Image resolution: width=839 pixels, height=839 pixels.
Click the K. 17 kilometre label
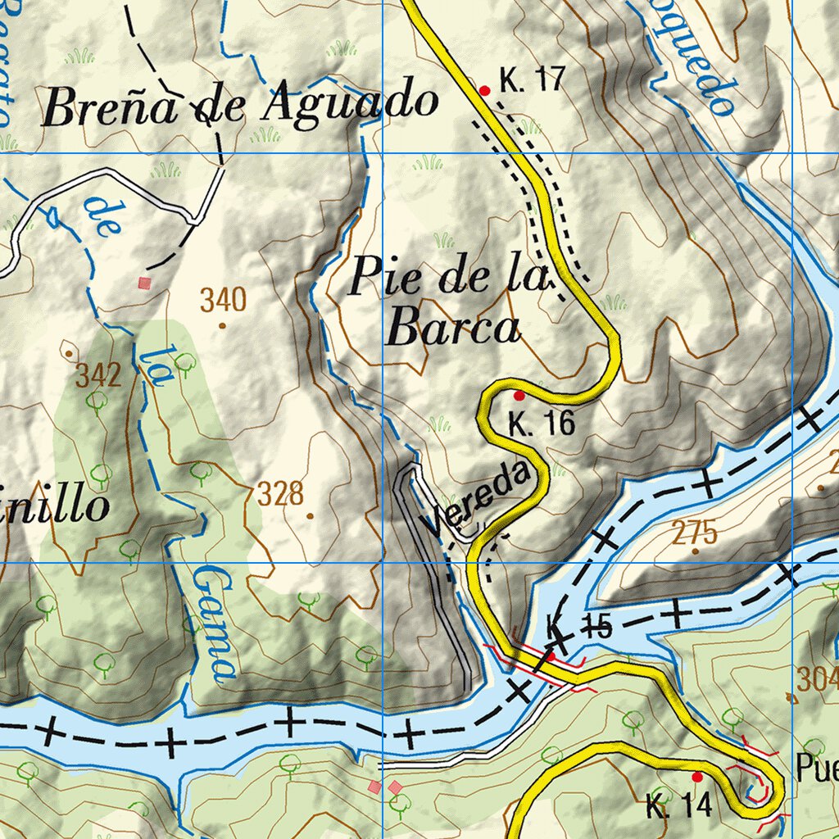(533, 80)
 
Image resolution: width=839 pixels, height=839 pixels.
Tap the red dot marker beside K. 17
(484, 91)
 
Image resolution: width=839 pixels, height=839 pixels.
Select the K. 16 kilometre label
(542, 424)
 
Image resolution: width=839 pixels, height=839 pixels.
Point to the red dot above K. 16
(519, 396)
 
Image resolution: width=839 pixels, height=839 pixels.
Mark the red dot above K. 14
(697, 776)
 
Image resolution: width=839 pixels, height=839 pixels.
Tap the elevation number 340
(223, 301)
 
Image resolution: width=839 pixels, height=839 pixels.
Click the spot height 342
(98, 376)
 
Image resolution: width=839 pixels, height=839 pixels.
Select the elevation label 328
(280, 494)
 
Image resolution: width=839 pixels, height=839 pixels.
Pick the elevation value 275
(695, 533)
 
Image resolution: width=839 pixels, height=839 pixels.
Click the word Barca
(453, 329)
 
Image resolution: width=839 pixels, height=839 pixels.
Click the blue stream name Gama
(214, 624)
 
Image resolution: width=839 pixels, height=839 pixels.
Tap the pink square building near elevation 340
(145, 283)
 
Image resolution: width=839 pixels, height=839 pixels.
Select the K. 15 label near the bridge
(579, 628)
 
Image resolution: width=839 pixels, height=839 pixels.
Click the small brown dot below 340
(222, 325)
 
